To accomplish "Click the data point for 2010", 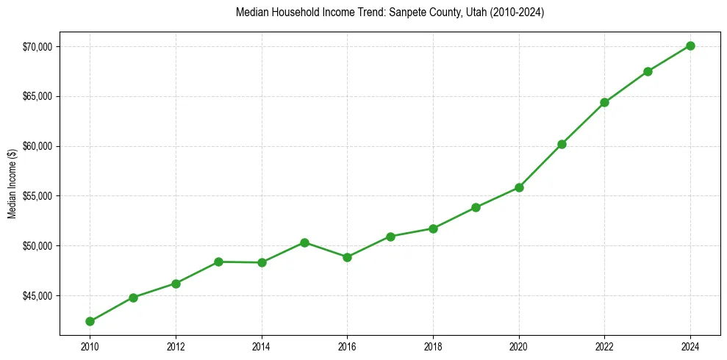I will point(90,321).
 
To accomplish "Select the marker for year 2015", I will point(304,242).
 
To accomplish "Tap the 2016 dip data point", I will point(347,257).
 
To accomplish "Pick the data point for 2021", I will point(562,144).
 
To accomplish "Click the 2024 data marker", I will point(690,46).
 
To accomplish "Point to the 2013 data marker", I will point(218,262).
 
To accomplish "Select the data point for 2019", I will point(476,207).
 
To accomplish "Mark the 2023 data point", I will point(648,71).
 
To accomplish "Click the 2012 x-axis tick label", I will point(176,345).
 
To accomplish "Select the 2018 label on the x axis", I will point(433,345).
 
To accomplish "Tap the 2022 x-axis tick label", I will point(604,345).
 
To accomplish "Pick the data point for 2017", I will point(390,237).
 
